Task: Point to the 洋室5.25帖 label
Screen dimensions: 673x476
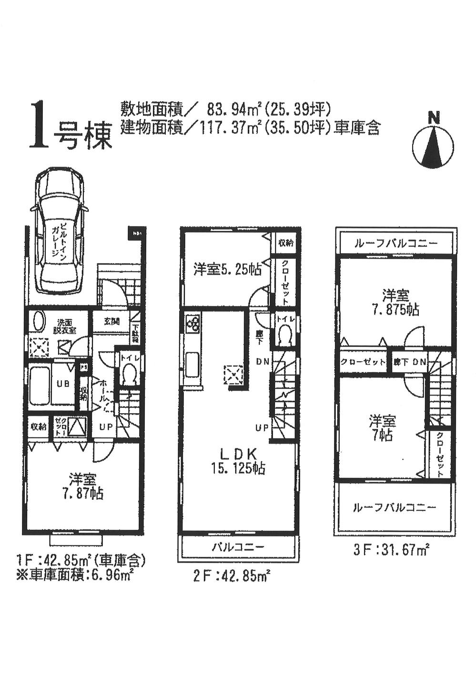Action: click(227, 269)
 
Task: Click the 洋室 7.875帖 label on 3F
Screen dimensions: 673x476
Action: click(396, 303)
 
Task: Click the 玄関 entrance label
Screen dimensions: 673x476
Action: click(111, 321)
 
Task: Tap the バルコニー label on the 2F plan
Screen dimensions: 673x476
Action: click(238, 547)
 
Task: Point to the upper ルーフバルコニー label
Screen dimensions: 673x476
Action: click(395, 243)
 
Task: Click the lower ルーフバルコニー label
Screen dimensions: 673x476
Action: click(395, 507)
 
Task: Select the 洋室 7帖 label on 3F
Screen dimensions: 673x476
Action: click(383, 427)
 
